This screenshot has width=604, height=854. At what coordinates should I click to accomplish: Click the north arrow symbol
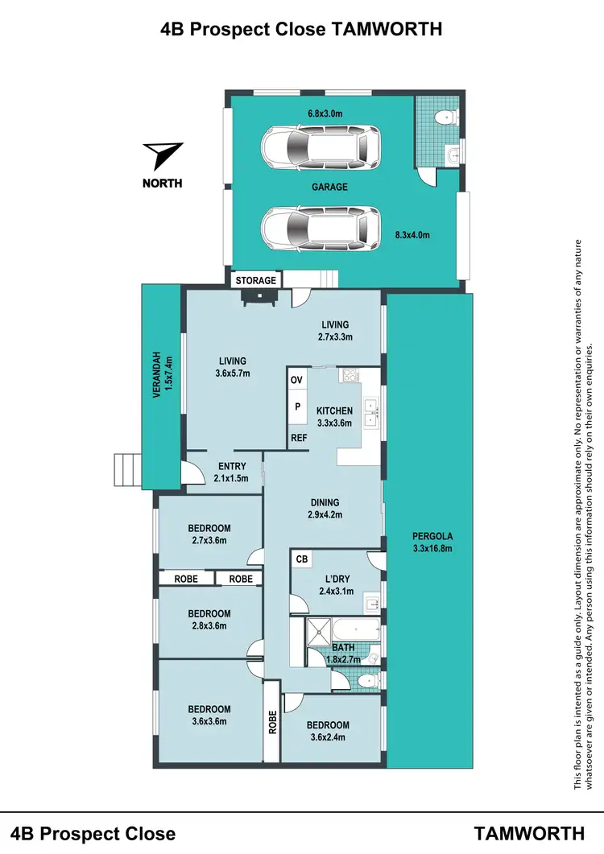point(163,155)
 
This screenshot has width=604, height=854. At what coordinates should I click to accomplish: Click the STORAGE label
point(256,280)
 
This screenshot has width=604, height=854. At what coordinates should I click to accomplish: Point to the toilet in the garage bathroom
point(442,119)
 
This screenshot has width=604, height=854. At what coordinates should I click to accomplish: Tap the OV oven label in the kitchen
point(296,380)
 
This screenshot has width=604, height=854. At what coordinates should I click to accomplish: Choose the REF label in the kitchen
point(298,438)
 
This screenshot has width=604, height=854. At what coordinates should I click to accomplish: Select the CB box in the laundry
point(302,559)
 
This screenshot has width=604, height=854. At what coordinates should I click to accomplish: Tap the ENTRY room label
point(232,466)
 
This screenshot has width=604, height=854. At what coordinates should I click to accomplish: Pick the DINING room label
point(324,502)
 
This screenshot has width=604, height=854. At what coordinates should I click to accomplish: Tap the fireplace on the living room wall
point(259,296)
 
